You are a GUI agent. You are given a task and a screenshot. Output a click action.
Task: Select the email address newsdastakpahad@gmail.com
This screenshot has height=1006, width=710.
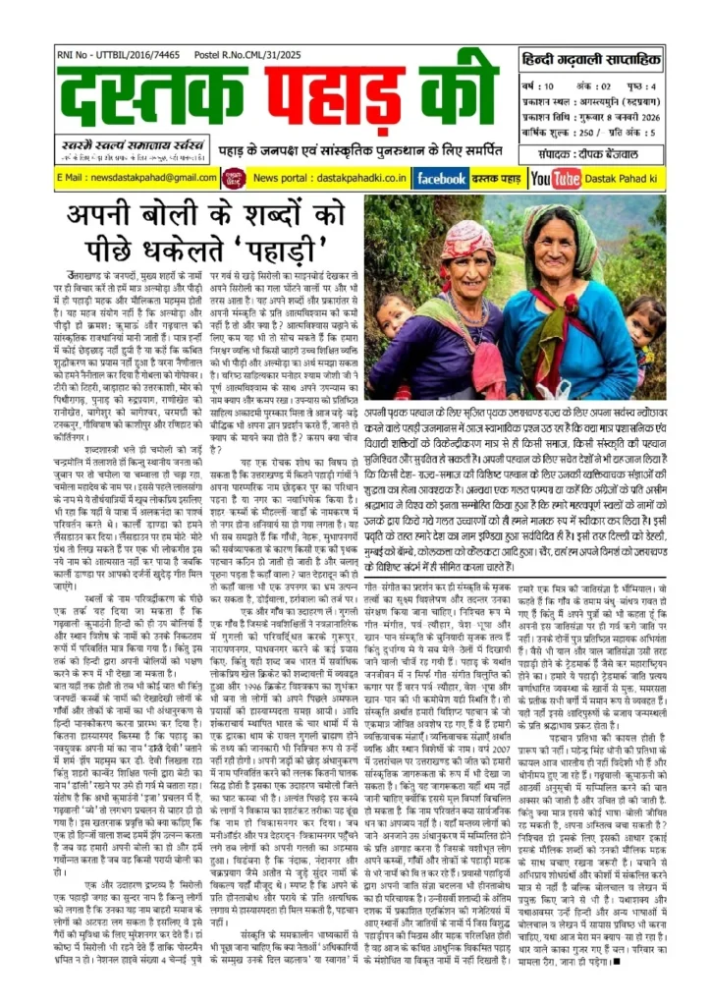click(x=122, y=178)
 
